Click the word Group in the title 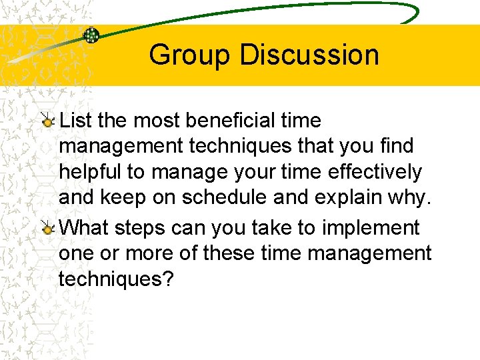tap(191, 55)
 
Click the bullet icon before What tap(47, 229)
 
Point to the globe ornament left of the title tap(91, 35)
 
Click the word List tap(75, 121)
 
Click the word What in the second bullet tap(85, 227)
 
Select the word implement tap(371, 227)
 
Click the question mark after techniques tap(167, 279)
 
